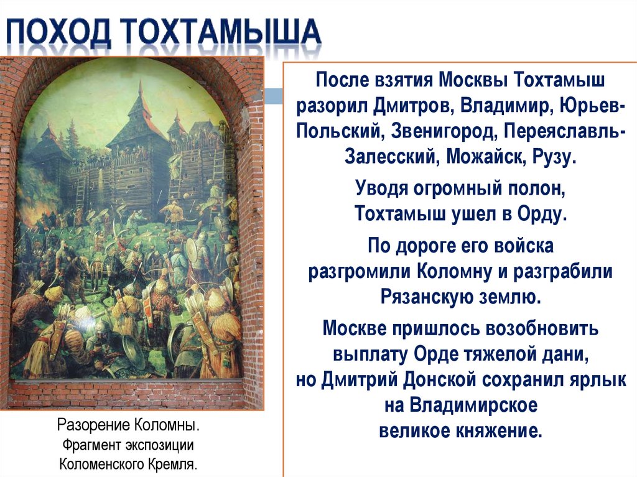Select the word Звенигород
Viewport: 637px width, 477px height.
(x=445, y=131)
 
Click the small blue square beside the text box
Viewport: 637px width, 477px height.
(x=272, y=96)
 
